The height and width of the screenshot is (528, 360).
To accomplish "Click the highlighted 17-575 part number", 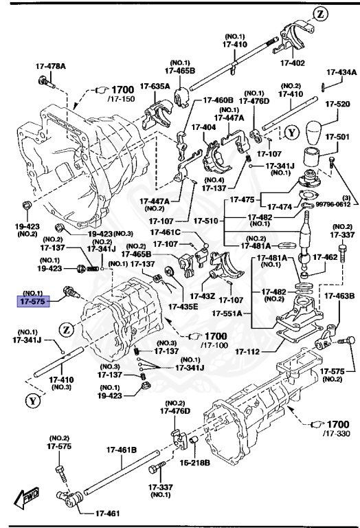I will point(32,301).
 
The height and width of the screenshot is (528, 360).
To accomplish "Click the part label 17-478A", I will point(51,67).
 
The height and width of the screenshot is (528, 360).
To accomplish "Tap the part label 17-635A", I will point(155,86).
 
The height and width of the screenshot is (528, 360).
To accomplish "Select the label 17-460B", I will point(217,101).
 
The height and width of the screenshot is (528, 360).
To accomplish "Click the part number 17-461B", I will point(122,450).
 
